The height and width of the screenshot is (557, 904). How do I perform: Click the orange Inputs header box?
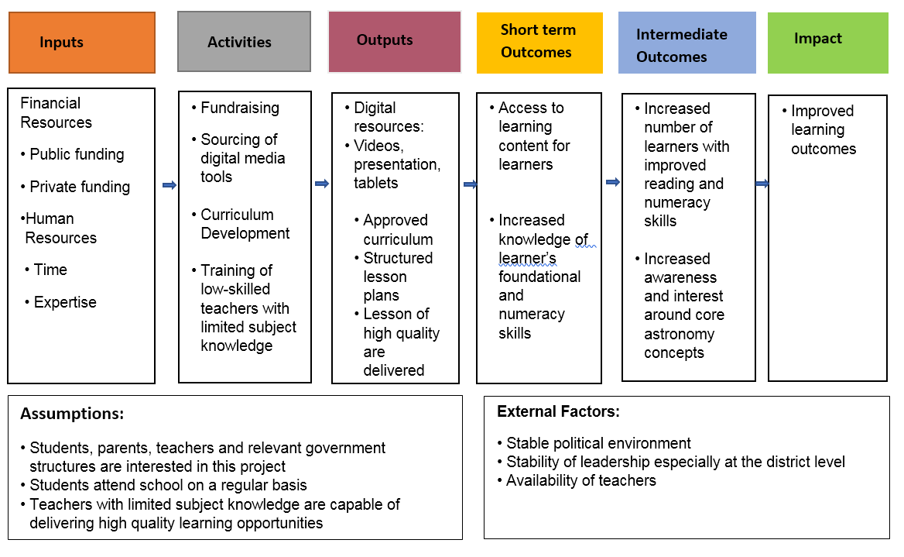(82, 43)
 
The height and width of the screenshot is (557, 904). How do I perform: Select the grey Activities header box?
(244, 42)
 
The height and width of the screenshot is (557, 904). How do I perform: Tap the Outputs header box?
(394, 42)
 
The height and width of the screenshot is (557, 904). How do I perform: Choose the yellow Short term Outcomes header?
(539, 42)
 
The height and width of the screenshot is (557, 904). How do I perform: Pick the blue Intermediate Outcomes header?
(687, 43)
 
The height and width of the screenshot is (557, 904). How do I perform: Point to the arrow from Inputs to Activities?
(169, 184)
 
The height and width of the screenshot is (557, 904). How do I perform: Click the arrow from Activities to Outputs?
(322, 184)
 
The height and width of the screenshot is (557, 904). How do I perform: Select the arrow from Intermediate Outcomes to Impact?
(762, 184)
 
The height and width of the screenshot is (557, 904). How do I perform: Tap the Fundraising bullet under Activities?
(239, 108)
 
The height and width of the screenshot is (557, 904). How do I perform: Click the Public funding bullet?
(77, 154)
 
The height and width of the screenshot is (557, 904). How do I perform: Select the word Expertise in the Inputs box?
(65, 302)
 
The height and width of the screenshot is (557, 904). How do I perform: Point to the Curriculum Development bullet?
(245, 224)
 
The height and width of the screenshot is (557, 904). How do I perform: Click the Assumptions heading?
(72, 414)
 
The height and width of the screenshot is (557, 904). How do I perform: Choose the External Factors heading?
(558, 411)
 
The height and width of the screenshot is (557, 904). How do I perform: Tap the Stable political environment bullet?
(598, 443)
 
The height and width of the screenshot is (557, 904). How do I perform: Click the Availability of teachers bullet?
(580, 480)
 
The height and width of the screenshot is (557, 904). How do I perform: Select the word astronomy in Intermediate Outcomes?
(679, 334)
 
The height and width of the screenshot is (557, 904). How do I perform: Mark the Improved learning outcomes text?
(823, 129)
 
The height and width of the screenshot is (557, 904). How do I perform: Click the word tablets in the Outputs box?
(376, 183)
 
